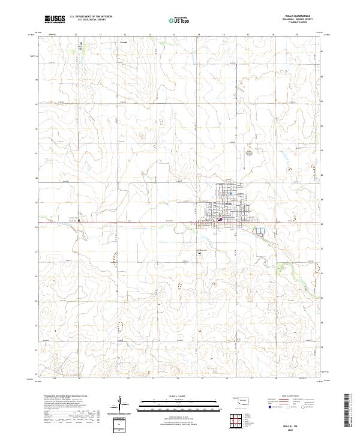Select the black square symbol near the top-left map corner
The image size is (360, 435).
pyautogui.click(x=82, y=43)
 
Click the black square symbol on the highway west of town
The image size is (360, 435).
pyautogui.click(x=79, y=220)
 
